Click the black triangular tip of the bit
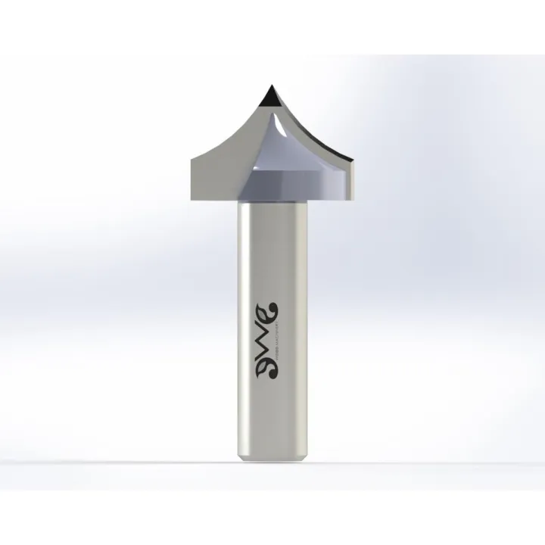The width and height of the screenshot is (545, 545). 268,97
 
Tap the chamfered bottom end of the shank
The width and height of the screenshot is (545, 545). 275,457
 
